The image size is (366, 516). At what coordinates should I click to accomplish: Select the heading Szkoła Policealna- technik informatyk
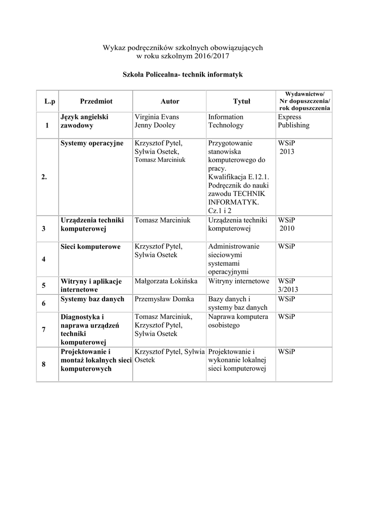click(x=183, y=75)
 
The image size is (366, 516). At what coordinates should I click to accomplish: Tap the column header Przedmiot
click(x=96, y=101)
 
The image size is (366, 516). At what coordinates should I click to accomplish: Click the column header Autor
click(x=170, y=101)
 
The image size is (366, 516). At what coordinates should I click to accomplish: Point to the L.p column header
click(x=49, y=101)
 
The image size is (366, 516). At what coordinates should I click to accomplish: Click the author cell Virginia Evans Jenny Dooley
click(x=156, y=121)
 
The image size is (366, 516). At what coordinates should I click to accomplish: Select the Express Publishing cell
click(x=293, y=121)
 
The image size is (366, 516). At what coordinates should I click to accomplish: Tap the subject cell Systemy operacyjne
click(x=92, y=143)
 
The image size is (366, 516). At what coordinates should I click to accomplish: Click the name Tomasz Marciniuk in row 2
click(x=160, y=160)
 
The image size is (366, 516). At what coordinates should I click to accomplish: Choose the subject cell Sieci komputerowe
click(x=90, y=246)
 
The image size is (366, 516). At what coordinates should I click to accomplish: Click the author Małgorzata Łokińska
click(x=166, y=281)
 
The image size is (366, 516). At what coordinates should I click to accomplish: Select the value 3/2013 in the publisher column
click(x=287, y=289)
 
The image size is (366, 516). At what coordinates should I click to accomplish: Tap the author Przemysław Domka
click(x=164, y=299)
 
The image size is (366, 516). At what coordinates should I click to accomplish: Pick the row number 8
click(x=44, y=364)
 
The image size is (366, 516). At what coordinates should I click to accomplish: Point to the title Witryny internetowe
click(x=239, y=281)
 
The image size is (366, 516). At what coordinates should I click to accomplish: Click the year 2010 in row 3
click(x=288, y=228)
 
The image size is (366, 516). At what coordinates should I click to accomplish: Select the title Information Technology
click(x=226, y=121)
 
